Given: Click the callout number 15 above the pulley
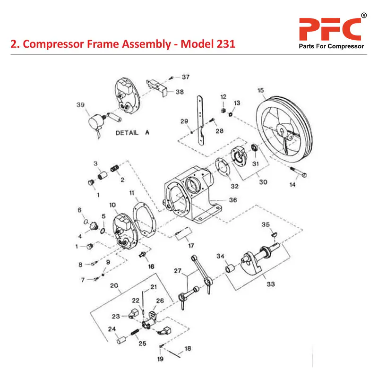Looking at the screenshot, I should coord(260,90).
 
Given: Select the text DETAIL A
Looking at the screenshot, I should coord(132,133).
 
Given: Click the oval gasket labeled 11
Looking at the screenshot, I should coord(145,223).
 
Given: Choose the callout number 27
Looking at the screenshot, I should coord(178,271).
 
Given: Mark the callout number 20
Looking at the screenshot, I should coord(114,285).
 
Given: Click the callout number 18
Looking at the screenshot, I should coord(188,349).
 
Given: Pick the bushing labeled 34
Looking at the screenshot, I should coord(231,270).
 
